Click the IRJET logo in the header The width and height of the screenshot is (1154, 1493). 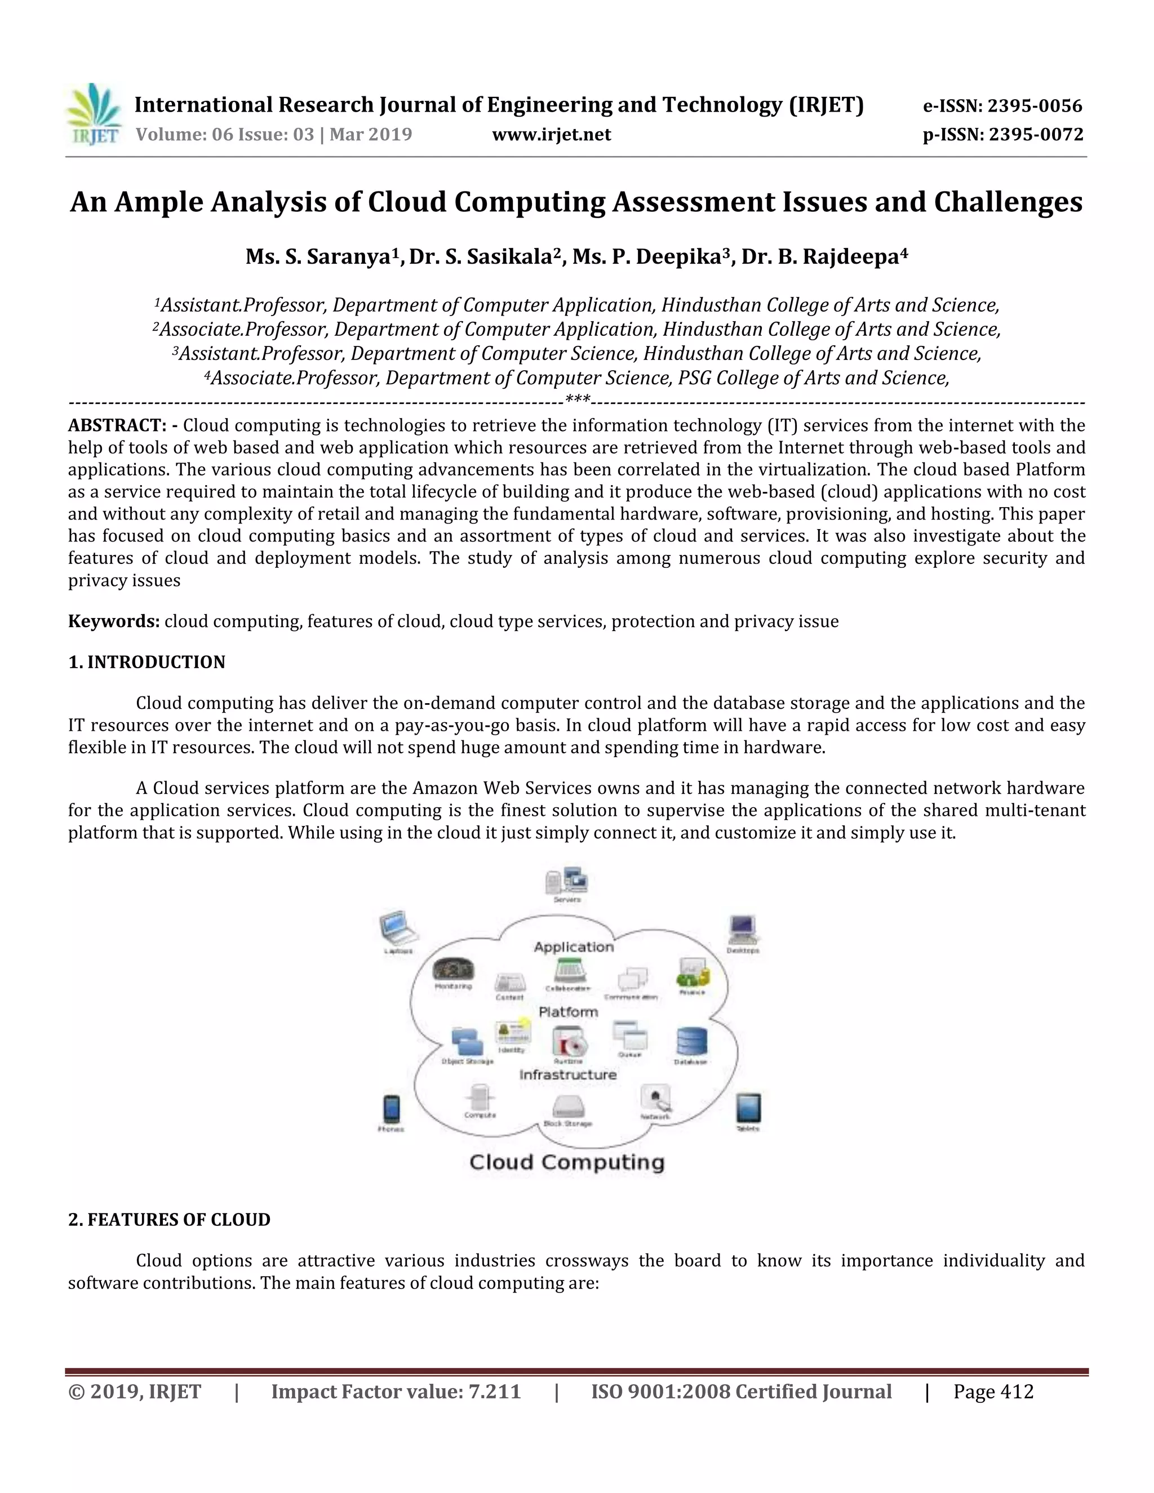tap(94, 114)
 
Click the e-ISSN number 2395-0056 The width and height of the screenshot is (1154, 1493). tap(1035, 106)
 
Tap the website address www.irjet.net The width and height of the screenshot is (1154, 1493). tap(551, 134)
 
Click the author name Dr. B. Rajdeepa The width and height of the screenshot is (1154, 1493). tap(824, 257)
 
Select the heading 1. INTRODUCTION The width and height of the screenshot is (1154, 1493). tap(147, 662)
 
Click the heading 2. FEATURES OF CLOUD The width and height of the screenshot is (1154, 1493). tap(169, 1220)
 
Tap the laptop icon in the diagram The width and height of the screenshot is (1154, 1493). tap(398, 929)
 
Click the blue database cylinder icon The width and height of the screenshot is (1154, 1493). tap(691, 1041)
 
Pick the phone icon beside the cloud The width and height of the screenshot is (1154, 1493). tap(391, 1108)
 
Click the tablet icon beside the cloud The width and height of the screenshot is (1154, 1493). tap(748, 1108)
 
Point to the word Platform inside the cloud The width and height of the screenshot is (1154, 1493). tap(568, 1012)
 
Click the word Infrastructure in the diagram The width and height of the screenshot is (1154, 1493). tap(567, 1074)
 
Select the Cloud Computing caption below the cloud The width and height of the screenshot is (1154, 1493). tap(567, 1162)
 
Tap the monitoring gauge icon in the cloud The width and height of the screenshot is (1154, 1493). tap(453, 970)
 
